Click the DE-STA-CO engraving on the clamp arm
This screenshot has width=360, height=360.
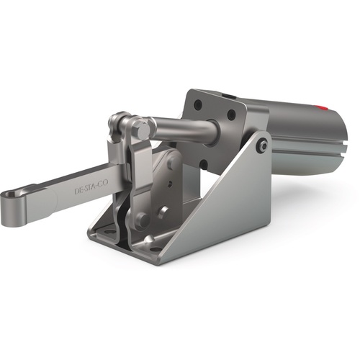click(x=91, y=186)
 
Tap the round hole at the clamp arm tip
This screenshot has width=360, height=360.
click(x=12, y=194)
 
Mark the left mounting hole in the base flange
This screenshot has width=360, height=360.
click(x=109, y=232)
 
